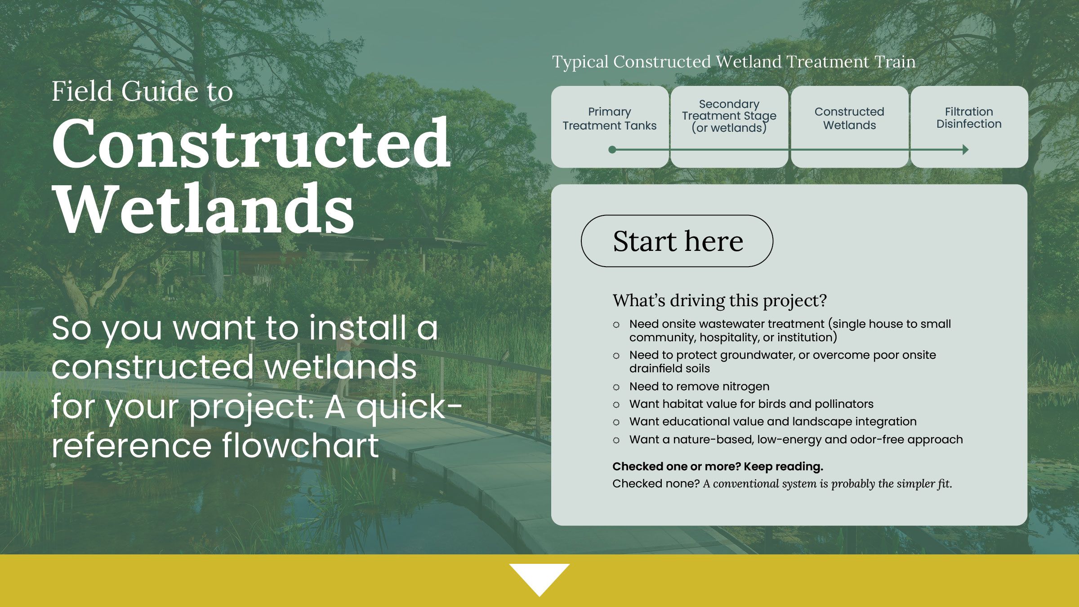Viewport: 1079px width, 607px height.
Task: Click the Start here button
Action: [x=677, y=241]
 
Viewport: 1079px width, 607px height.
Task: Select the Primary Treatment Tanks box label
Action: [x=610, y=119]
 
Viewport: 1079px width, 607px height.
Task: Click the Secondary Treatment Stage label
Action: [x=729, y=116]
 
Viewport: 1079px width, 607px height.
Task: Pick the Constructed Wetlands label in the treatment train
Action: [x=849, y=118]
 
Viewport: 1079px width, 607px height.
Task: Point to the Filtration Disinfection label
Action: [x=969, y=118]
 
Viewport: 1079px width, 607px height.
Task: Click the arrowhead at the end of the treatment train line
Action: [x=966, y=150]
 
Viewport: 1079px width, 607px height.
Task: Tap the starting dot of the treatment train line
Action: [x=612, y=150]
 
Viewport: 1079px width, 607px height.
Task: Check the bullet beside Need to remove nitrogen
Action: [x=616, y=387]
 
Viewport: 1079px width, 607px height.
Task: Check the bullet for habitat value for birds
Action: [x=616, y=405]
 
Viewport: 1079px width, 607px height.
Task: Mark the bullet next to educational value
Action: [x=616, y=422]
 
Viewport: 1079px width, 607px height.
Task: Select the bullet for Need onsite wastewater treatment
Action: [x=616, y=325]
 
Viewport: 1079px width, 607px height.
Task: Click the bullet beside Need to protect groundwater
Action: [x=616, y=356]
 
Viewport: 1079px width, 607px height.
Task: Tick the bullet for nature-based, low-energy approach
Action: [x=616, y=440]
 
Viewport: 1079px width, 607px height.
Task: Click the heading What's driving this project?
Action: [x=719, y=300]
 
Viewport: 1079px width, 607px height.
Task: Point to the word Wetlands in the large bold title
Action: [x=203, y=209]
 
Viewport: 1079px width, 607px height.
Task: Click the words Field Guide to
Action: [x=142, y=91]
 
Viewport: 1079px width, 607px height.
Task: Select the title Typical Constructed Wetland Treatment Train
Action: [x=734, y=62]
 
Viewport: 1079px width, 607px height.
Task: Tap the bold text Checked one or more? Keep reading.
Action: [x=718, y=466]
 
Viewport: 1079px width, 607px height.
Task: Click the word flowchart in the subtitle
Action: [x=300, y=446]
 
